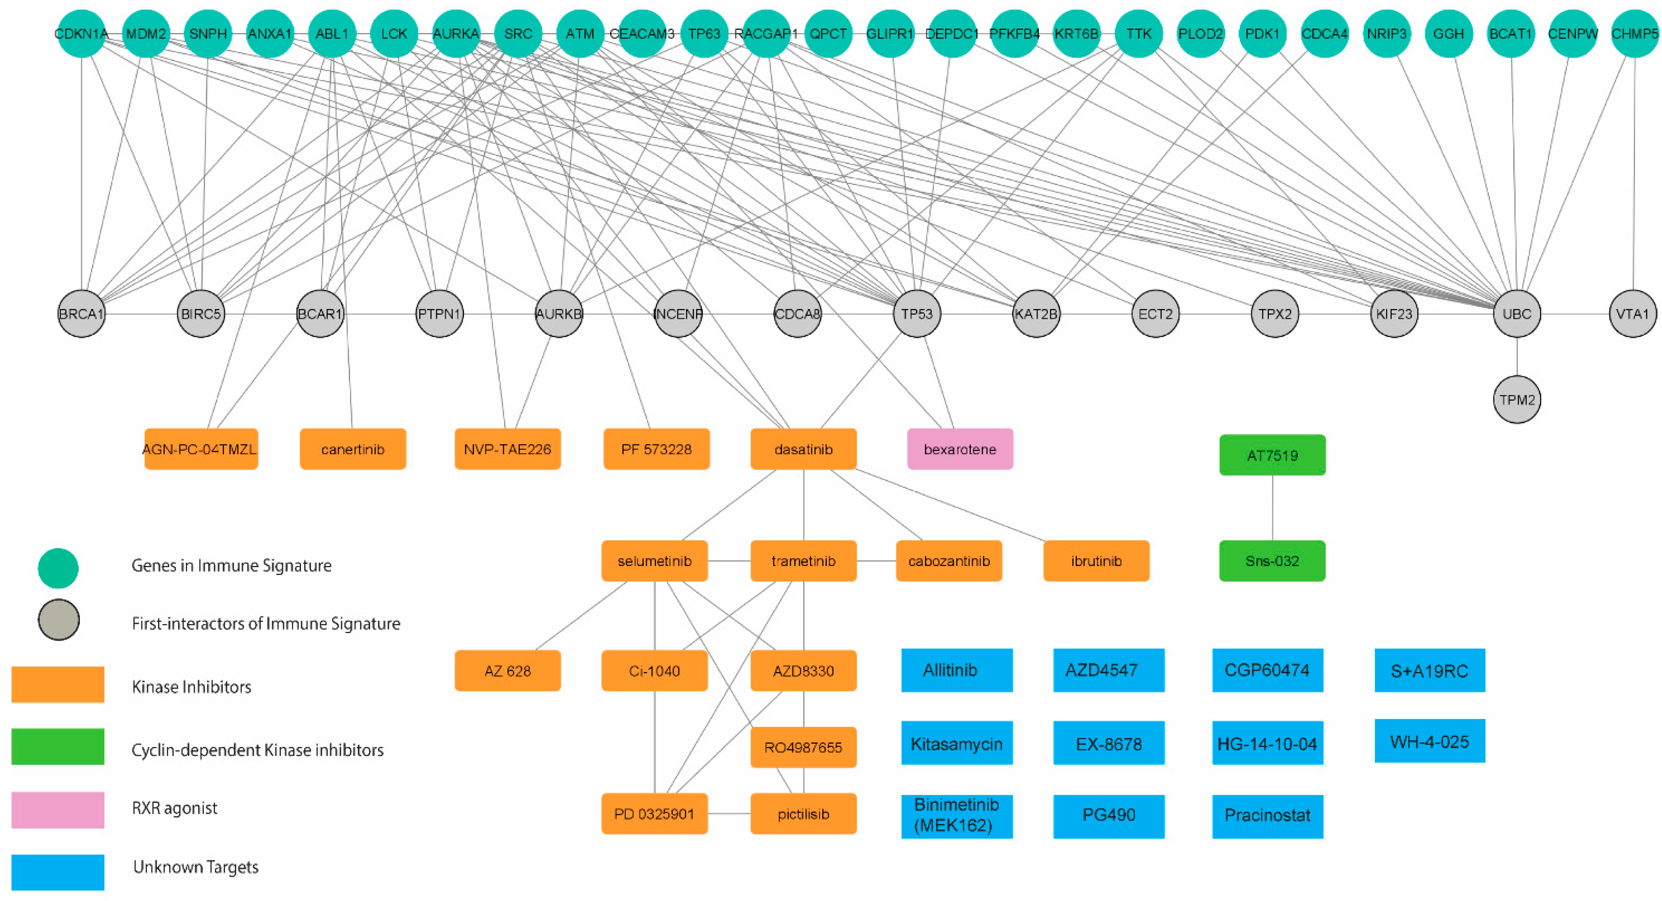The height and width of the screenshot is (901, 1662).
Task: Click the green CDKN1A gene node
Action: point(81,34)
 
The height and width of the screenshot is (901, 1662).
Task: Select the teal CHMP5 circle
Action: point(1634,34)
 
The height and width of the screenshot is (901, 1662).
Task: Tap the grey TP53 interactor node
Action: point(917,314)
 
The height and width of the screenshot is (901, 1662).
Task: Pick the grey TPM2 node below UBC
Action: point(1517,400)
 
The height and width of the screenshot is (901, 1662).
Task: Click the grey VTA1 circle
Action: point(1633,314)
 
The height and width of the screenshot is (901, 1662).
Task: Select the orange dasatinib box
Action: point(803,449)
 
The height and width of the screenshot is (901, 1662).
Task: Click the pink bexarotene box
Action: point(960,449)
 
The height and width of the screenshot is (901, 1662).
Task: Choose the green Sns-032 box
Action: point(1272,561)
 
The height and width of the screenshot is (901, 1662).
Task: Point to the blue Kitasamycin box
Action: point(957,743)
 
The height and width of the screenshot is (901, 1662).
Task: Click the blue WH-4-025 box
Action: point(1430,742)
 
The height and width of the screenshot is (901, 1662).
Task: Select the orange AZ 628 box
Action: point(508,670)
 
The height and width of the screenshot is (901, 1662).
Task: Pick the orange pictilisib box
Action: point(803,814)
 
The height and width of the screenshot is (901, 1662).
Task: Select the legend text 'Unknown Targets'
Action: point(195,867)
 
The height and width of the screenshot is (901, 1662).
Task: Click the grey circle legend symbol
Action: point(59,620)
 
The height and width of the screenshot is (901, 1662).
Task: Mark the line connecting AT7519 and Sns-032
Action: point(1272,508)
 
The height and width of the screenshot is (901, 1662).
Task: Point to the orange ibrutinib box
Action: point(1096,561)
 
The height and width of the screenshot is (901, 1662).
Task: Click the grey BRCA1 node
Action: point(81,314)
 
